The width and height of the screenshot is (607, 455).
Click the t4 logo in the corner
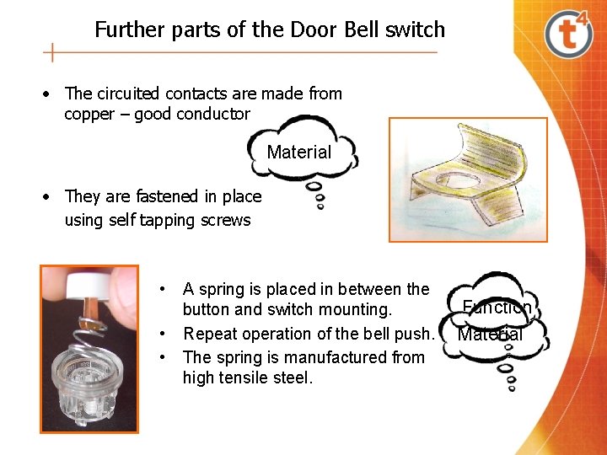[569, 34]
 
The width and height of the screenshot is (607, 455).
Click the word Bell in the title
[363, 30]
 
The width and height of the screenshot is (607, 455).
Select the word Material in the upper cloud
[299, 153]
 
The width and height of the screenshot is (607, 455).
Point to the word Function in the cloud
[497, 308]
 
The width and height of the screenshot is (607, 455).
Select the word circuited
[131, 94]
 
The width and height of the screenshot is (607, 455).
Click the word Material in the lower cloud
[490, 335]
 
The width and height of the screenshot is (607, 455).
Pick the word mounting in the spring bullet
[353, 309]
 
